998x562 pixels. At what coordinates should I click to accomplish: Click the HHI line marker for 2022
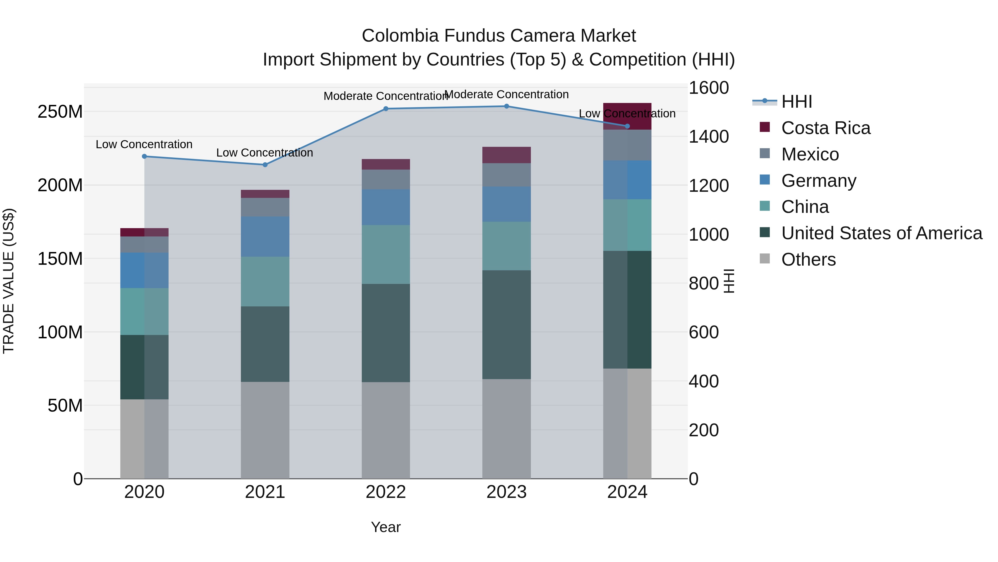click(x=386, y=109)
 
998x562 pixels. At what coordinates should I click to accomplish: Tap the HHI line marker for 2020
click(x=144, y=156)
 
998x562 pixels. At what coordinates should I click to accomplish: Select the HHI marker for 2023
click(x=506, y=106)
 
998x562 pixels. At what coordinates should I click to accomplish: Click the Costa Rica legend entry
click(x=825, y=128)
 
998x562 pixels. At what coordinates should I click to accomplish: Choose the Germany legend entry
click(x=818, y=181)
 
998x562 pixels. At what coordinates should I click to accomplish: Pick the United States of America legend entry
click(x=881, y=233)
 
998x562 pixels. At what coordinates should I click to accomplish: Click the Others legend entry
click(x=808, y=259)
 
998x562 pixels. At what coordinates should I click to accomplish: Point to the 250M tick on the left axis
click(x=60, y=112)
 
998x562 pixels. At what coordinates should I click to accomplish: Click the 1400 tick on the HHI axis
click(x=708, y=137)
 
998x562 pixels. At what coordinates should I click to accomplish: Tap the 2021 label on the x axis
click(x=265, y=492)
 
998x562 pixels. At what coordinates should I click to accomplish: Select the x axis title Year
click(x=386, y=527)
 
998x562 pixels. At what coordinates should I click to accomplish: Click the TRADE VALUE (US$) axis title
click(x=9, y=281)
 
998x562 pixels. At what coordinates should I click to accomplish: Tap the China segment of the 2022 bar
click(x=386, y=254)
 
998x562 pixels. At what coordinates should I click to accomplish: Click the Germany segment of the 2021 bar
click(x=265, y=236)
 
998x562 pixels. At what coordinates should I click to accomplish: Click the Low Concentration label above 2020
click(x=144, y=144)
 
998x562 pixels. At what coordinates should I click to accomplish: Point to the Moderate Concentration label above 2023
click(x=506, y=94)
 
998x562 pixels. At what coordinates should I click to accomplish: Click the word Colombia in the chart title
click(x=400, y=36)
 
